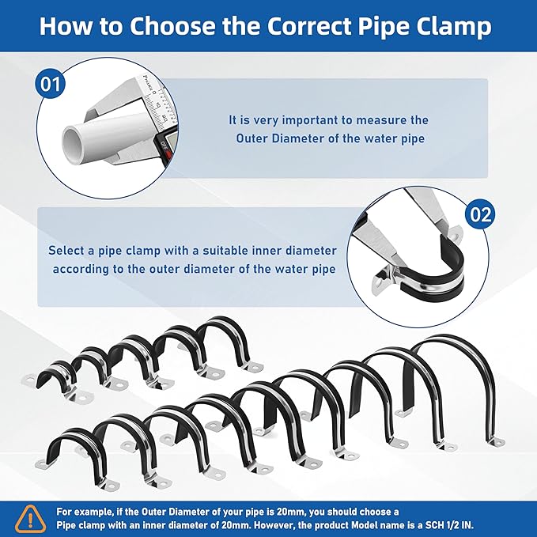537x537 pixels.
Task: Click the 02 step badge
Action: coord(481,213)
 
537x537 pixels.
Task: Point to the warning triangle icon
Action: coord(29,518)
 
